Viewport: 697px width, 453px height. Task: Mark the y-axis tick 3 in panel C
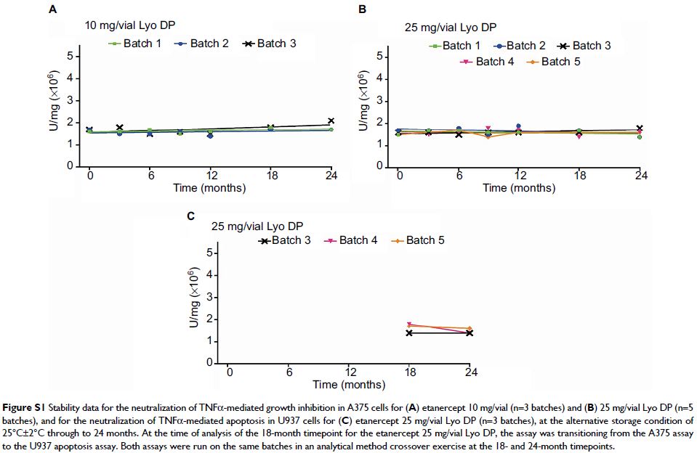point(209,297)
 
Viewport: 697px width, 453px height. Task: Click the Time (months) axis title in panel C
point(349,385)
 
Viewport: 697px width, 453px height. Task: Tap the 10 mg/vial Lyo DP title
point(129,27)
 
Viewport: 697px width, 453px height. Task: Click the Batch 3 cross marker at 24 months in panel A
point(331,121)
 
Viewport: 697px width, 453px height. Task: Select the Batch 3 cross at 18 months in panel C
point(409,332)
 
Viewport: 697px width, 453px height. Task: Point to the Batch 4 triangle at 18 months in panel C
point(409,325)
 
